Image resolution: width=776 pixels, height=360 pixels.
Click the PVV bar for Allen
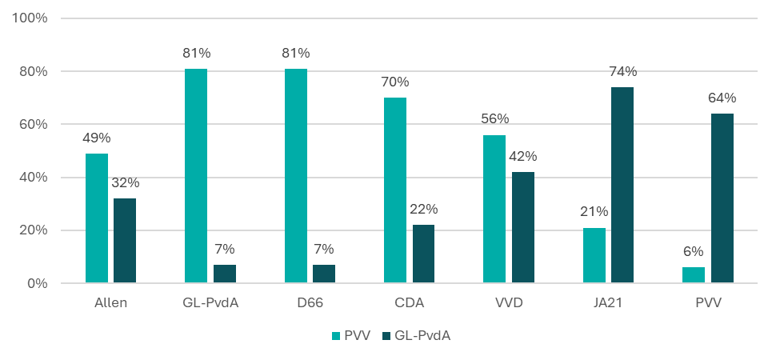97,218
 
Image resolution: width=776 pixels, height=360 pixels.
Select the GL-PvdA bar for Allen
125,240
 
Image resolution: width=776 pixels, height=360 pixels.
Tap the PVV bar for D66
296,175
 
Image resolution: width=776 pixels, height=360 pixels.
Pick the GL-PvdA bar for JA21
622,185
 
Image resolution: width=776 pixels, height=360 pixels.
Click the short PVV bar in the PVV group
694,275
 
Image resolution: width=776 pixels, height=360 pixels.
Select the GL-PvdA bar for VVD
523,227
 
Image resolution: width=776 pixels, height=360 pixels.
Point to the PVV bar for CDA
395,190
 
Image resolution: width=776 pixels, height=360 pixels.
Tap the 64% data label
722,98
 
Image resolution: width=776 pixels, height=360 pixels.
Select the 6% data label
694,251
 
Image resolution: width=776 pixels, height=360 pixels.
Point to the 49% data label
97,138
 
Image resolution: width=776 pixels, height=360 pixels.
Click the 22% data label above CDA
423,210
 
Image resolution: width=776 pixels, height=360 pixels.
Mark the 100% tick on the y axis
31,18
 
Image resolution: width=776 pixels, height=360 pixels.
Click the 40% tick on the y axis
34,177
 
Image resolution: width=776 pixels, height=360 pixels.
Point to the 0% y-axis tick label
38,283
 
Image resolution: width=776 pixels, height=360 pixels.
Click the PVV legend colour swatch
336,336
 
